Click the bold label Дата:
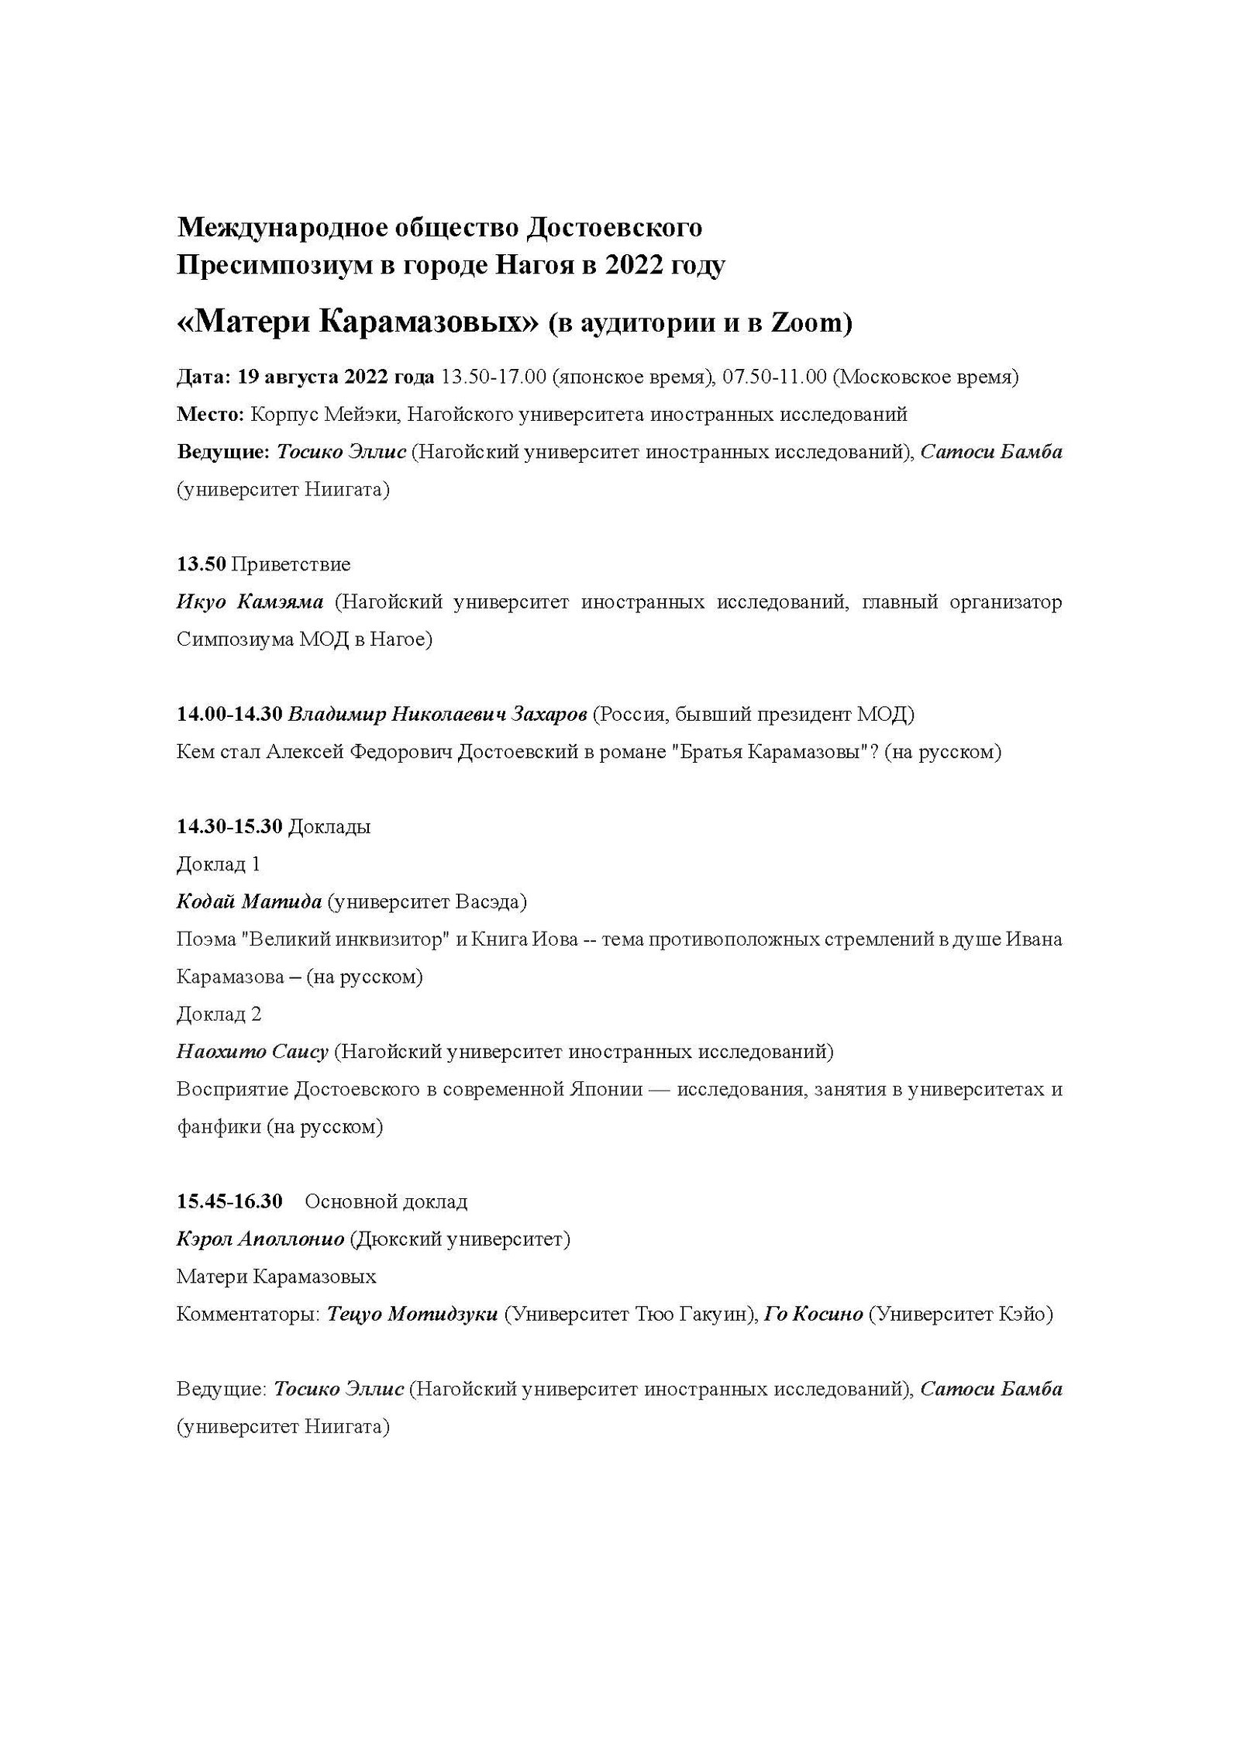coord(204,377)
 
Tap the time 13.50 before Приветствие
coord(201,564)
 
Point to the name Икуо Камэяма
coord(250,602)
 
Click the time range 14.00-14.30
coord(229,714)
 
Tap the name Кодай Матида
coord(250,901)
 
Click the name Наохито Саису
coord(253,1052)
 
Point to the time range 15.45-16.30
coord(229,1201)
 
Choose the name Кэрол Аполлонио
coord(260,1239)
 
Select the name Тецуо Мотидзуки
coord(412,1314)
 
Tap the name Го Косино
coord(814,1314)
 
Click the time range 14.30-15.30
coord(229,826)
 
